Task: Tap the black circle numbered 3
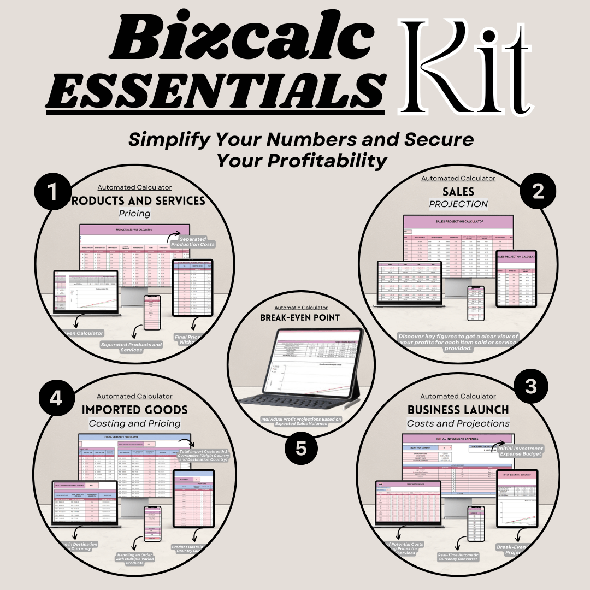pyautogui.click(x=531, y=386)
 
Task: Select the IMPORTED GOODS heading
pyautogui.click(x=134, y=409)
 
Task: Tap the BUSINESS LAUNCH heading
pyautogui.click(x=458, y=409)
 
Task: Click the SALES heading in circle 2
pyautogui.click(x=458, y=191)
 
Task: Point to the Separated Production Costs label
pyautogui.click(x=192, y=241)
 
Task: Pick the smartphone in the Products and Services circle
pyautogui.click(x=152, y=312)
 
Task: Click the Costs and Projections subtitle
pyautogui.click(x=458, y=423)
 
